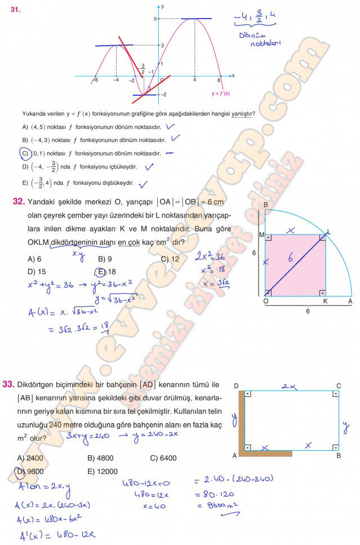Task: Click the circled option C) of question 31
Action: [24, 153]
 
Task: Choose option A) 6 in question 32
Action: [34, 259]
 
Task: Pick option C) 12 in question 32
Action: [170, 259]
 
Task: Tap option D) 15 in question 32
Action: [37, 272]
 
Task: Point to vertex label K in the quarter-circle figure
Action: [325, 302]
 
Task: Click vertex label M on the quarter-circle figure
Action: [261, 234]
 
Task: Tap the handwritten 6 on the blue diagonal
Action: [290, 259]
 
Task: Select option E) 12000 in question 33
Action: [103, 471]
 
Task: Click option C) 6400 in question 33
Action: [163, 458]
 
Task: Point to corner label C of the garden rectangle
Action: [338, 386]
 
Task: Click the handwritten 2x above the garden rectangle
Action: [288, 386]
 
